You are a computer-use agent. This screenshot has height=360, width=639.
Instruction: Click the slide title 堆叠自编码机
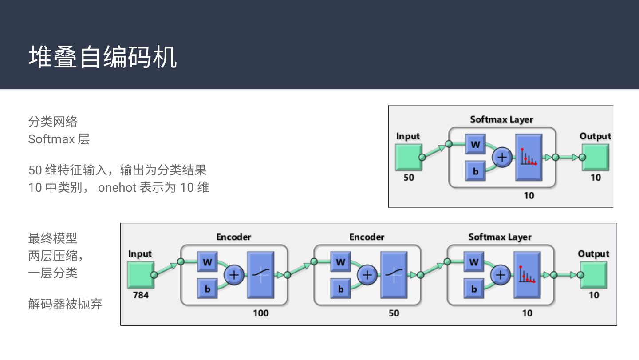[103, 57]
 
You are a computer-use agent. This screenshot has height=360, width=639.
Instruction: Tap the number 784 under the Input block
[141, 295]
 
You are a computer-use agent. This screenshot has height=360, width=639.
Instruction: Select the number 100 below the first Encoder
[261, 313]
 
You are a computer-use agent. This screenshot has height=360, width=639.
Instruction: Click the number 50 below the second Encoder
[394, 313]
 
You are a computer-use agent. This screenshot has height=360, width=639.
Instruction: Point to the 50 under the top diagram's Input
[409, 178]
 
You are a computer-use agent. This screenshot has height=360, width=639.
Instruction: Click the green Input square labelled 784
[141, 275]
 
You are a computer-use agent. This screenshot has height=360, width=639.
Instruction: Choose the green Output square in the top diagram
[596, 158]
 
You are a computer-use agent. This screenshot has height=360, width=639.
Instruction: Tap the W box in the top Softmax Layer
[475, 144]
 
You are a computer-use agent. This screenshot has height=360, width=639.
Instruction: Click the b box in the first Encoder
[207, 289]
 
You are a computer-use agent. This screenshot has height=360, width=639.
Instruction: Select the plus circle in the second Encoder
[367, 275]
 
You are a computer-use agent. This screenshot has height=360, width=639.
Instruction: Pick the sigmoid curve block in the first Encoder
[261, 275]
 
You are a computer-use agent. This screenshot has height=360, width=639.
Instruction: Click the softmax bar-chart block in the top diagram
[529, 158]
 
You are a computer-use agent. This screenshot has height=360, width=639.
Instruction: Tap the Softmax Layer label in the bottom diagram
[500, 237]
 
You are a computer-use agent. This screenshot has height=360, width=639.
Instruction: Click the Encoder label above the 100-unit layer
[233, 237]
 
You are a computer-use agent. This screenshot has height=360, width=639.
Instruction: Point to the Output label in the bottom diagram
[594, 254]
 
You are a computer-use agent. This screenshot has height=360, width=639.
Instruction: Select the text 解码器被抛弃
[65, 304]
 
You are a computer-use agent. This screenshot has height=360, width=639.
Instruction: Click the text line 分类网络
[53, 122]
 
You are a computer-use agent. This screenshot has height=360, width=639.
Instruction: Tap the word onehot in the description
[117, 188]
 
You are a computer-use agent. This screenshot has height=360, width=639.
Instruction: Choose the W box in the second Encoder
[341, 261]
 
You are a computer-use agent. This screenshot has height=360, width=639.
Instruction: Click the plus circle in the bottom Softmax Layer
[501, 275]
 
